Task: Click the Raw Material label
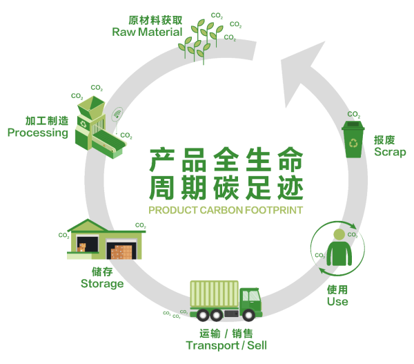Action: coord(147,32)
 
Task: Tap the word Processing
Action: coord(38,133)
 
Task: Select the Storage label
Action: coord(102,284)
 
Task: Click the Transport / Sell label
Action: coord(226,345)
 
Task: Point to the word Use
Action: coord(337,301)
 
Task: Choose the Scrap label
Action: coord(390,152)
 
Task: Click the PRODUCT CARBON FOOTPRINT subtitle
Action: coord(226,210)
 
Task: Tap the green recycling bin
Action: coord(353,140)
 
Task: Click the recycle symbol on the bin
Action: coord(353,143)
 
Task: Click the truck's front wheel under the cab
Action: coord(248,315)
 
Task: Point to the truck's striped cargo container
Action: coord(214,294)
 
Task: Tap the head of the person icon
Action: coord(339,234)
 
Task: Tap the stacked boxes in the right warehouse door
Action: coord(121,252)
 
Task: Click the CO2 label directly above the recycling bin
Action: coord(354,115)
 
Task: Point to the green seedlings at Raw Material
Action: coord(201,41)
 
